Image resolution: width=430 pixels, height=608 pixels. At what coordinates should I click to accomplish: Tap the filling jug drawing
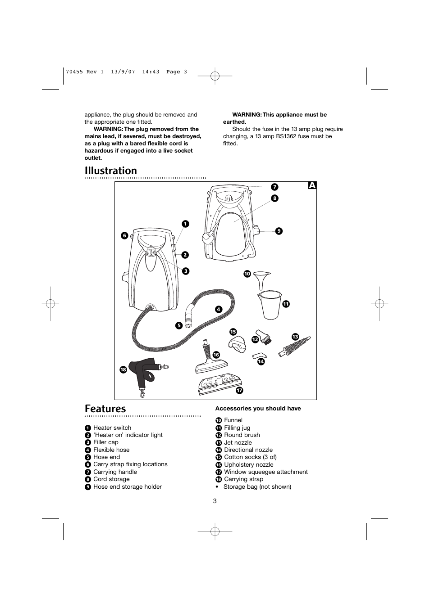(x=270, y=304)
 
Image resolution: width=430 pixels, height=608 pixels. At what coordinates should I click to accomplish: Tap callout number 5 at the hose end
(x=179, y=325)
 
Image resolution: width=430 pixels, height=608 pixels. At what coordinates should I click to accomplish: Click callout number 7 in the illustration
(x=274, y=187)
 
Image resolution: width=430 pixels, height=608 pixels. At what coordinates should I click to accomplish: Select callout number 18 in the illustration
(x=123, y=369)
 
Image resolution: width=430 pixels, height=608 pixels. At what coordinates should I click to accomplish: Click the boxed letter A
(x=312, y=185)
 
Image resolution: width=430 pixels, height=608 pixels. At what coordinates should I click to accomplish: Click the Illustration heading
(x=111, y=171)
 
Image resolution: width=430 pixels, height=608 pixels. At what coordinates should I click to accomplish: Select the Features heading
(x=105, y=409)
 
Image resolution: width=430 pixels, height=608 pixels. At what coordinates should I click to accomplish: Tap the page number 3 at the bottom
(x=215, y=501)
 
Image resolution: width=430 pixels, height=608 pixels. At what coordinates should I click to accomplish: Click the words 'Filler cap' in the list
(x=106, y=442)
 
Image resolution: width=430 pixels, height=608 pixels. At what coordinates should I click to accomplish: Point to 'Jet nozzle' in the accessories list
(x=238, y=442)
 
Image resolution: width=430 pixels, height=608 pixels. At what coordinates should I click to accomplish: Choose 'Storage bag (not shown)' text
(x=257, y=486)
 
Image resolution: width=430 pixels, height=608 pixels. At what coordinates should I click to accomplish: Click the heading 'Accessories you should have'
(x=258, y=409)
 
